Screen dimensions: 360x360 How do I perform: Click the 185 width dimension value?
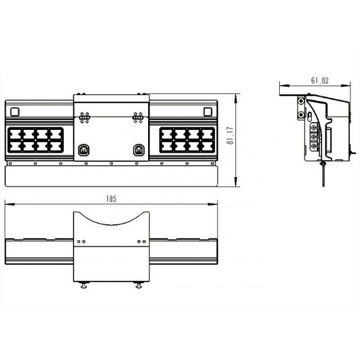(x=112, y=199)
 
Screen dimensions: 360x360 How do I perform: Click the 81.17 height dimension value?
(x=230, y=136)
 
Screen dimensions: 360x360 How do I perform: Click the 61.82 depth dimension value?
(x=320, y=80)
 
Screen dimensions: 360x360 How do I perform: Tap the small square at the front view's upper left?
(x=15, y=112)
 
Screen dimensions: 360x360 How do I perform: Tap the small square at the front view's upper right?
(x=208, y=112)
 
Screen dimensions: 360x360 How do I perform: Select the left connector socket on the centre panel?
(x=84, y=150)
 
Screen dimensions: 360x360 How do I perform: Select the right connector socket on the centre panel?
(x=139, y=150)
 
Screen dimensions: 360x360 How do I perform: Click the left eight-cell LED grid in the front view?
(x=35, y=140)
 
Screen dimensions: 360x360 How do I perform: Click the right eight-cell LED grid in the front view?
(x=187, y=140)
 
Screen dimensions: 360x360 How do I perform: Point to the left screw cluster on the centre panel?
(x=84, y=118)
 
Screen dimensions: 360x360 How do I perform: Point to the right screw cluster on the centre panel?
(x=138, y=118)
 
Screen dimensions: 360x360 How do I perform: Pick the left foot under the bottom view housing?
(x=84, y=285)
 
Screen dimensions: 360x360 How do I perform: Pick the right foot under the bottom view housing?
(x=139, y=285)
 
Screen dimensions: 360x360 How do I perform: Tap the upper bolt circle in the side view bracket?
(x=301, y=101)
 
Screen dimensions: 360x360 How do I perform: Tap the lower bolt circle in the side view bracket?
(x=301, y=114)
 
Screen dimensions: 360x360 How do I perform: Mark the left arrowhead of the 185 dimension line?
(x=9, y=204)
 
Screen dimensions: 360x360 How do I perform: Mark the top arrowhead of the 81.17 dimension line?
(x=235, y=98)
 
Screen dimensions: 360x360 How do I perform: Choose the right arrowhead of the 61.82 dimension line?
(x=345, y=86)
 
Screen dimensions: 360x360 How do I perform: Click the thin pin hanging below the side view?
(x=323, y=174)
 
